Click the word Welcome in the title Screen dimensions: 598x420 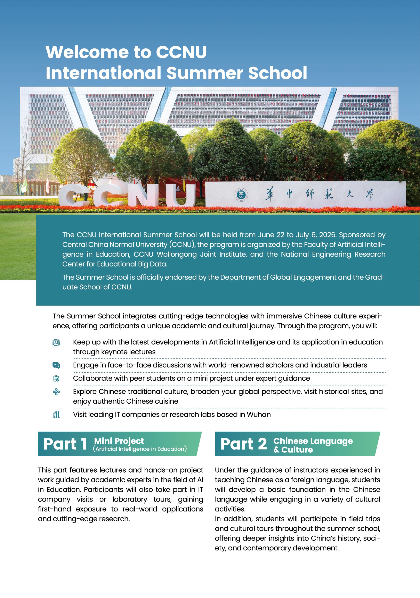click(87, 52)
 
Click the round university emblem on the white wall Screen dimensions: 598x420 click(241, 195)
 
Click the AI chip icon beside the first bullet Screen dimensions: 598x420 click(56, 342)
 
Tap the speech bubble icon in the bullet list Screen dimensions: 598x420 click(56, 365)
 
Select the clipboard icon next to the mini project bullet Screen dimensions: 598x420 click(56, 378)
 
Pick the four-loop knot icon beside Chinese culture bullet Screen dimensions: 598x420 click(56, 392)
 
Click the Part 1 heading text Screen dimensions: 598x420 click(65, 444)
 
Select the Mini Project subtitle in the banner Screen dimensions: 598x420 click(119, 441)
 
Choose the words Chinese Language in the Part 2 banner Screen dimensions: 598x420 click(313, 441)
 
